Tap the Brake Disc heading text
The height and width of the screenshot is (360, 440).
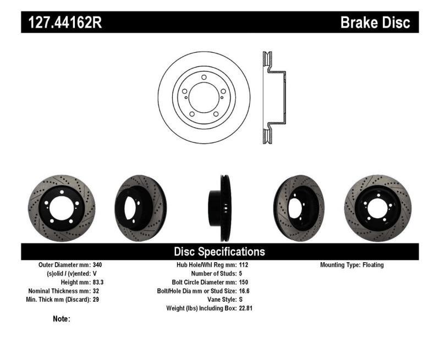click(x=375, y=23)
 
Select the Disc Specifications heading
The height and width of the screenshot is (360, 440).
click(x=219, y=252)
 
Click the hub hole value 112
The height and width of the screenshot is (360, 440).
click(x=244, y=265)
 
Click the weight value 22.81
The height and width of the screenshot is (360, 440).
click(x=246, y=308)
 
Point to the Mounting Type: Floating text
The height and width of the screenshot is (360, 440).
click(x=352, y=265)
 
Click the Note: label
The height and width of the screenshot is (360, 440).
click(x=61, y=319)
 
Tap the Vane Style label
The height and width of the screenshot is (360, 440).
click(x=218, y=300)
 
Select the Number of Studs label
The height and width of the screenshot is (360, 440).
click(x=213, y=273)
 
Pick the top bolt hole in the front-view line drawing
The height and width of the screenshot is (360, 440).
click(x=204, y=78)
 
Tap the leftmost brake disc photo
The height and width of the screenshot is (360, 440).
click(x=61, y=208)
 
